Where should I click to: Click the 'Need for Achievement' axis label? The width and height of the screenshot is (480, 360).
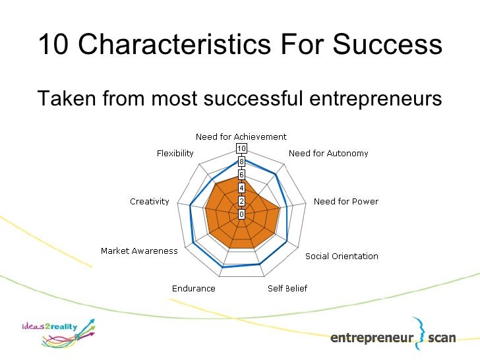[241, 136]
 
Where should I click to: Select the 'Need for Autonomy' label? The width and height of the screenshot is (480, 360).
[328, 154]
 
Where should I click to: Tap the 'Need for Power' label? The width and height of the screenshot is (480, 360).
[346, 201]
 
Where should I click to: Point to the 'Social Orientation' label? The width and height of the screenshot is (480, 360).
[342, 256]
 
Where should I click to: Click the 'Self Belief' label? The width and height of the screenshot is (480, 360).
[287, 288]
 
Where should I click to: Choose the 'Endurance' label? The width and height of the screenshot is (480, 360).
[193, 288]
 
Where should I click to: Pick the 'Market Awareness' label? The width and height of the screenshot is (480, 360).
[139, 251]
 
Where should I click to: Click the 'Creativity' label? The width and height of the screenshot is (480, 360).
[150, 201]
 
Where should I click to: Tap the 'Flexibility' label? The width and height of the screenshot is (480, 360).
[175, 154]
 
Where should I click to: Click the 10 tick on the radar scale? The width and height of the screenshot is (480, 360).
[242, 148]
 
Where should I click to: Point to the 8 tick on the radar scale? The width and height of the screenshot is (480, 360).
[242, 162]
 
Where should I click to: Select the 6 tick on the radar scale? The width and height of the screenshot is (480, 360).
[242, 175]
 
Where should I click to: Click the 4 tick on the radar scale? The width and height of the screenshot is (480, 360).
[242, 188]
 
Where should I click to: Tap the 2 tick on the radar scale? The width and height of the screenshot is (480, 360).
[242, 201]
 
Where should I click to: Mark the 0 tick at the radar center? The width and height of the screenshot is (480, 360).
[242, 214]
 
